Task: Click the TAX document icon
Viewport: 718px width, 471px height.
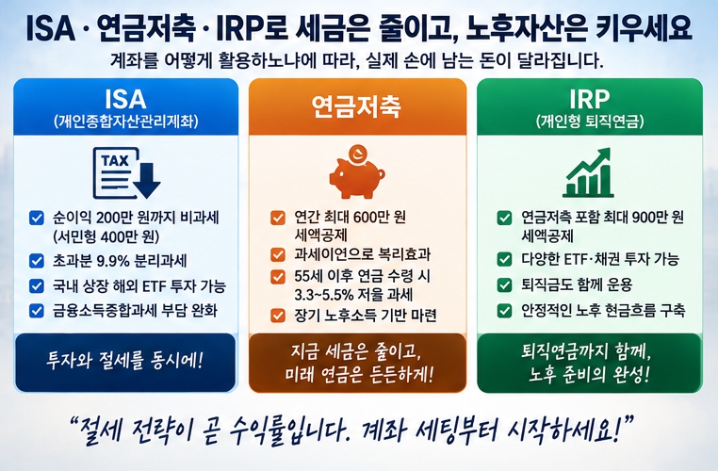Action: (x=126, y=173)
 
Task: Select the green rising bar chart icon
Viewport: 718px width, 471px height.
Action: (x=588, y=172)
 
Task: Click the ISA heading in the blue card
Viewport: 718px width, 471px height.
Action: (x=125, y=99)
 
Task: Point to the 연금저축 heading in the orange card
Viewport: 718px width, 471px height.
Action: (x=357, y=106)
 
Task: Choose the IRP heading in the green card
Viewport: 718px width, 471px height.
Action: (x=590, y=98)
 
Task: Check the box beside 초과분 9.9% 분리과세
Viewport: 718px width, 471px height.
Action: (x=36, y=261)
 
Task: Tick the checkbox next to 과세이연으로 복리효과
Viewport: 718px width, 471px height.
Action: (x=277, y=254)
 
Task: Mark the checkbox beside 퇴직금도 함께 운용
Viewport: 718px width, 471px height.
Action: (x=504, y=284)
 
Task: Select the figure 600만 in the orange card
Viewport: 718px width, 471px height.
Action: (x=359, y=217)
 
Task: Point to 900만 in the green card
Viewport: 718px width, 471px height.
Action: (x=650, y=217)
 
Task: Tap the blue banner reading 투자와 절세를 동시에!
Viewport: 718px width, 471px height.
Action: (x=125, y=363)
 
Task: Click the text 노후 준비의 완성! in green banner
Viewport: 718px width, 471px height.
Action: (x=589, y=375)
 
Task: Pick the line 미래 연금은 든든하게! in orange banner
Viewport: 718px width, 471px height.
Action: (x=359, y=375)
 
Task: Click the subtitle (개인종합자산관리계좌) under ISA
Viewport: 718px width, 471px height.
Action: (x=126, y=122)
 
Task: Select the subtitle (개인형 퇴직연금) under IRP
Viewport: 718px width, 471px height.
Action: (x=590, y=122)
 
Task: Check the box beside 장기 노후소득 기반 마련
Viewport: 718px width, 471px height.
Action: (x=277, y=316)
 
